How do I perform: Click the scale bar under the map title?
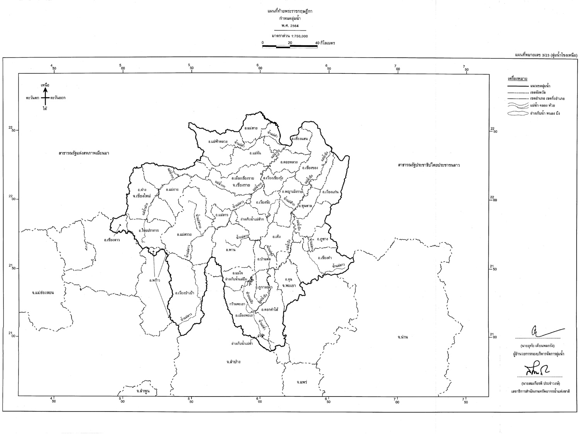(290, 46)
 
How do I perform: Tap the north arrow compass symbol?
(45, 97)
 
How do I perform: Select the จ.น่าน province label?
(403, 337)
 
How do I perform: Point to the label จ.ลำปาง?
(234, 362)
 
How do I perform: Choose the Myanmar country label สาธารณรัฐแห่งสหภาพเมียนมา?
(84, 153)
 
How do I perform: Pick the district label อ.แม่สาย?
(251, 128)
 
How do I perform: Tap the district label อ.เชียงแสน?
(300, 138)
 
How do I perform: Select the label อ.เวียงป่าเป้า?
(184, 293)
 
